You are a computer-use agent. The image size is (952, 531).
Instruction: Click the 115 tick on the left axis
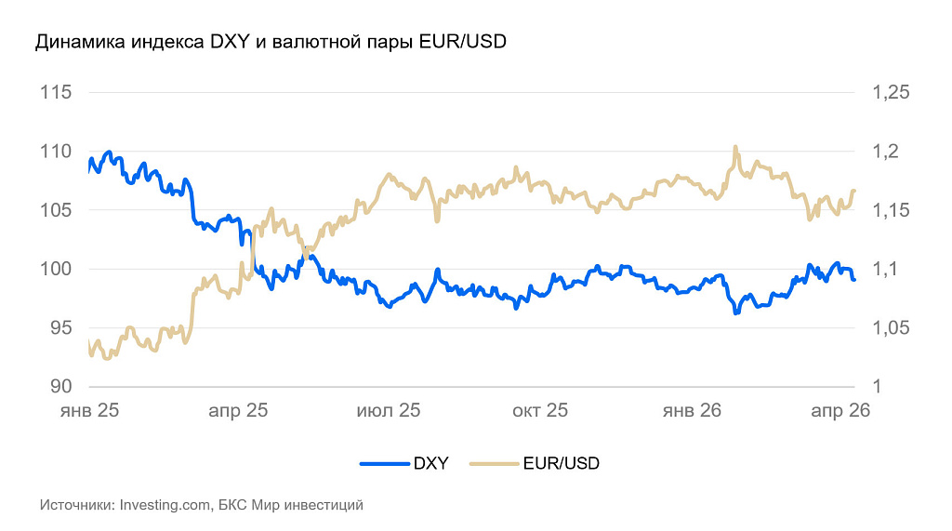(57, 92)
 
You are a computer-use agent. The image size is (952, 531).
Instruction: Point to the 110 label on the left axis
(57, 151)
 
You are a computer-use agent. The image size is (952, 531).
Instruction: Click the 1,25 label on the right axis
(889, 92)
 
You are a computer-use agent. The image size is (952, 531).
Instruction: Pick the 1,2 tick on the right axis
(882, 151)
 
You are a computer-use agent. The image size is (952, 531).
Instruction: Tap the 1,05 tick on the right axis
(889, 327)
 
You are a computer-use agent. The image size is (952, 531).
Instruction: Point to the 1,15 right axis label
(889, 210)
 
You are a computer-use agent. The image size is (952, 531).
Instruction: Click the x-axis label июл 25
(389, 410)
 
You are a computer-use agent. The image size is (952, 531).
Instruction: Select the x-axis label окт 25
(540, 410)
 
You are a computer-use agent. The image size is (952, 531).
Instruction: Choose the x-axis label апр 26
(840, 410)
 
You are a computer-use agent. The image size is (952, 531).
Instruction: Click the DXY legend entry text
(430, 463)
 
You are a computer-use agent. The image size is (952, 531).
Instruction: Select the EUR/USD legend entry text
(561, 463)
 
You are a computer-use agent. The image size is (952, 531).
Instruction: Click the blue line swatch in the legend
(384, 463)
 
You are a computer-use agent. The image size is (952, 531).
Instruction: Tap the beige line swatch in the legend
(495, 463)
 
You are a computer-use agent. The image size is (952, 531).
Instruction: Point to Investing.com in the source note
(165, 506)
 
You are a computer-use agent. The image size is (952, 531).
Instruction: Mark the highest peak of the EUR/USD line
(735, 147)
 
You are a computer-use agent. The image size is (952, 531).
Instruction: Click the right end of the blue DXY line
(853, 279)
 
